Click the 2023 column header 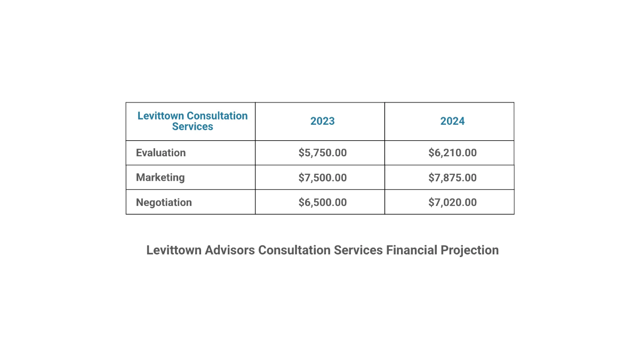[323, 121]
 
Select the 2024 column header [452, 121]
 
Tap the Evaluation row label [161, 153]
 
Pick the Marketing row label [161, 177]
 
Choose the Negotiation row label [164, 202]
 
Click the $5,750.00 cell [323, 153]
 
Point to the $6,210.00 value [452, 153]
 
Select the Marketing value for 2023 [323, 177]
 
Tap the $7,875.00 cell [452, 177]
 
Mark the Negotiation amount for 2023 [323, 202]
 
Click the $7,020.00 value [452, 202]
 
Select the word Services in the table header [193, 127]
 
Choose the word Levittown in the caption [174, 250]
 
